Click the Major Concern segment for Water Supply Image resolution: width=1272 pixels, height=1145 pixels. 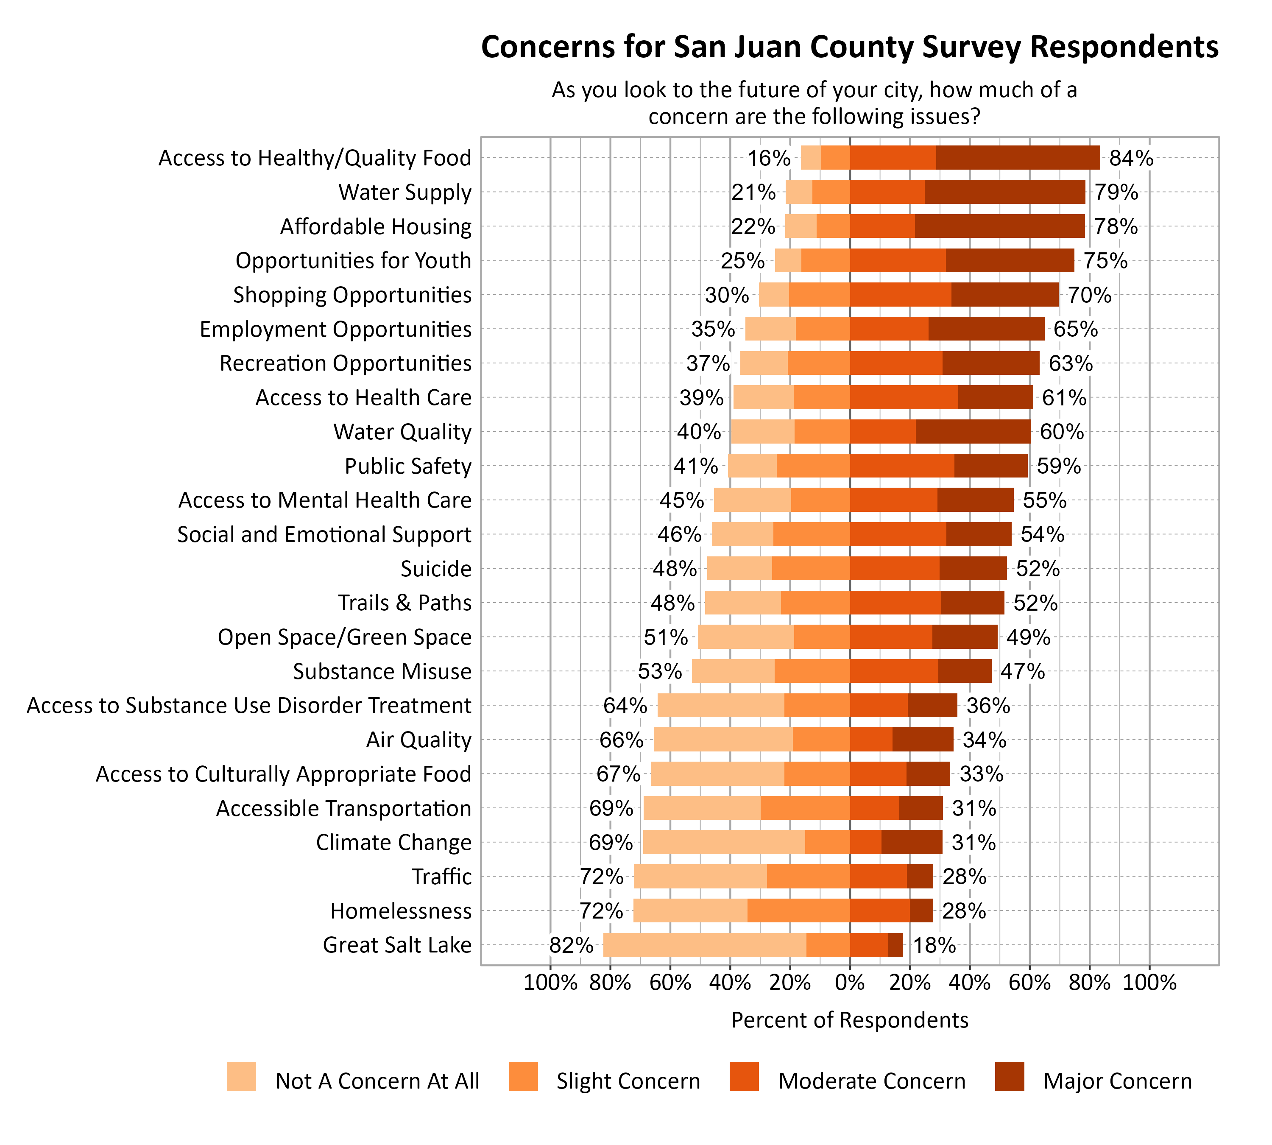[1004, 192]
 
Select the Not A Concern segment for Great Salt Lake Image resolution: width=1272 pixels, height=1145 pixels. [705, 945]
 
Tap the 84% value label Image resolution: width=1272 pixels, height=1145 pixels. [1131, 158]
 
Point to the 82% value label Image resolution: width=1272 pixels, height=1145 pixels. [571, 945]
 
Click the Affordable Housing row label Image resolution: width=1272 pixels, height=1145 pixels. [376, 226]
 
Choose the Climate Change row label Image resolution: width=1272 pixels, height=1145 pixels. [393, 842]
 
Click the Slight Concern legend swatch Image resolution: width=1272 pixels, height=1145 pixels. [523, 1076]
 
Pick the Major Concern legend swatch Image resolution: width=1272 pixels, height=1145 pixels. [1010, 1076]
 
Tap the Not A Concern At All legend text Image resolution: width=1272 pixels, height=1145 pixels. [377, 1081]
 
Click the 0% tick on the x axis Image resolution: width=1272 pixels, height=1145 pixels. [850, 983]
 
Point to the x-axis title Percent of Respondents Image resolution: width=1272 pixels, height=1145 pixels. [849, 1020]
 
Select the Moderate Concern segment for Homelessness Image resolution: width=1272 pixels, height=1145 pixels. [879, 910]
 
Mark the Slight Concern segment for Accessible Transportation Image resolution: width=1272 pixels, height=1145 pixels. [805, 808]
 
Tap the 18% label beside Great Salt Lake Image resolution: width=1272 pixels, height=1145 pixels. [934, 945]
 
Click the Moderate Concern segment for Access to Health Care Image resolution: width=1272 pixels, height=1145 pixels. [904, 398]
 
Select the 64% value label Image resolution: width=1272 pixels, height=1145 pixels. [625, 705]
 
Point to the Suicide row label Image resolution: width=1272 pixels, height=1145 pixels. [436, 569]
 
